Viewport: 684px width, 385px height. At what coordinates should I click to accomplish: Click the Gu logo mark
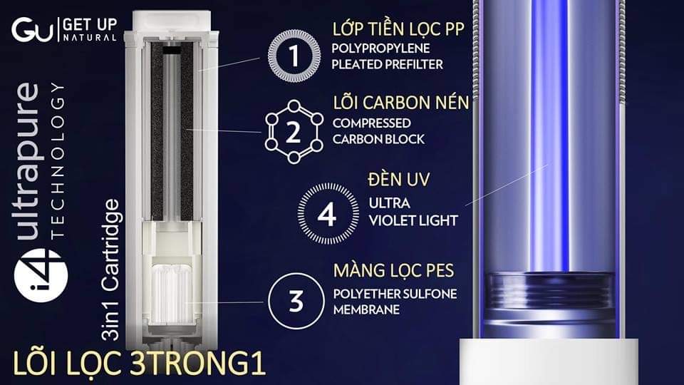(x=32, y=30)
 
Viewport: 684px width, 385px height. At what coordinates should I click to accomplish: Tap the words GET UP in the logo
(x=90, y=24)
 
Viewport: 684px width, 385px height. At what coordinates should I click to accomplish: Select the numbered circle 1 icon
(x=294, y=56)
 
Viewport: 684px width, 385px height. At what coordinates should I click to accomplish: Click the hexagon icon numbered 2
(x=294, y=132)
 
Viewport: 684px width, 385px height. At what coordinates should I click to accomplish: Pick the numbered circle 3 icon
(x=296, y=301)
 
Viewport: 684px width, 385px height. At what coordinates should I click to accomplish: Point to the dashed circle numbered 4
(x=328, y=213)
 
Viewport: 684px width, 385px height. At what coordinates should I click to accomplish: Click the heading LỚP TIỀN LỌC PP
(x=398, y=29)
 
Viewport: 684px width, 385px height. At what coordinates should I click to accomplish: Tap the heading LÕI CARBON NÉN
(x=401, y=103)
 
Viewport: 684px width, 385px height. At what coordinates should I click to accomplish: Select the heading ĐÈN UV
(x=399, y=180)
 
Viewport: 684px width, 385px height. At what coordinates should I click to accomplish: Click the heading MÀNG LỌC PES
(x=393, y=270)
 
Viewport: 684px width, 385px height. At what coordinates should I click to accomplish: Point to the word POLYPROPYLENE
(x=380, y=48)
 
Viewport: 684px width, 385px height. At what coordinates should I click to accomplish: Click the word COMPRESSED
(x=372, y=123)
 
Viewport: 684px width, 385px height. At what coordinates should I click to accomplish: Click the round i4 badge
(x=41, y=275)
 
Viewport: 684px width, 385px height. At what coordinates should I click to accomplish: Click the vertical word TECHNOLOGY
(x=58, y=160)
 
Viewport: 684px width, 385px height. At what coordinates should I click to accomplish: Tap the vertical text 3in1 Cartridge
(x=110, y=269)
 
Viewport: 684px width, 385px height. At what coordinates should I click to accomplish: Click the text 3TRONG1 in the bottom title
(x=198, y=363)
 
